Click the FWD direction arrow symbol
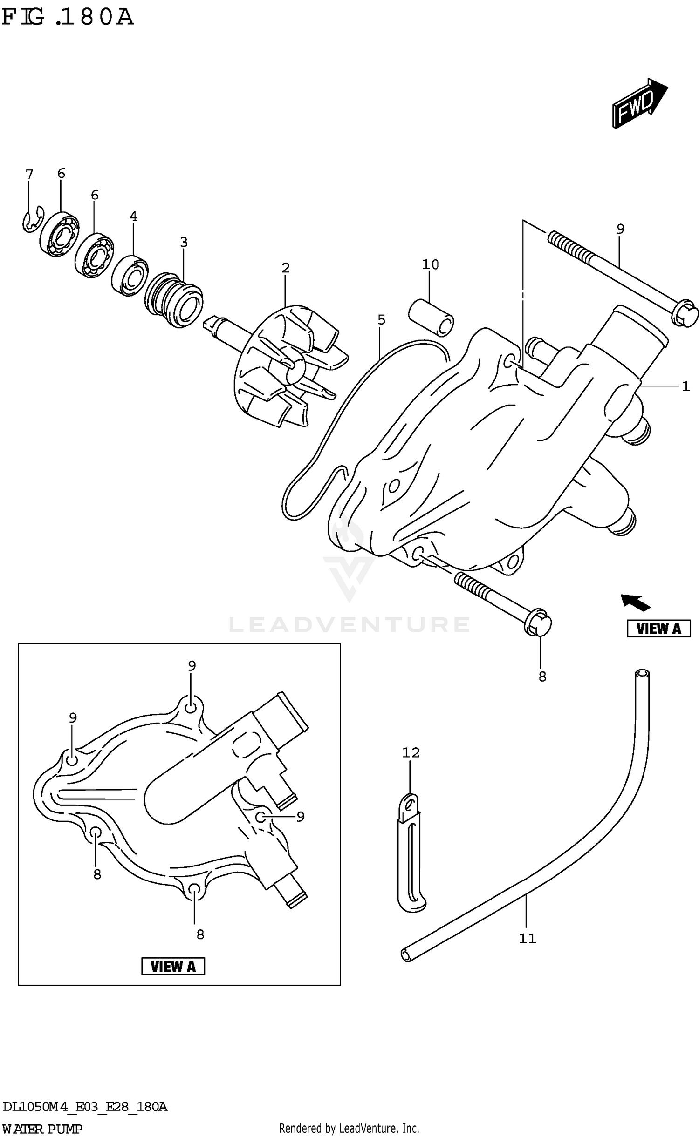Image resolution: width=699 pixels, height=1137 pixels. (x=639, y=103)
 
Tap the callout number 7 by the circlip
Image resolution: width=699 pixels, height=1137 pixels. (x=29, y=175)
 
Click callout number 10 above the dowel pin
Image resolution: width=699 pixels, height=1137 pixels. (x=430, y=264)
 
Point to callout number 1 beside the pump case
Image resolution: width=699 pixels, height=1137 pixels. (x=685, y=386)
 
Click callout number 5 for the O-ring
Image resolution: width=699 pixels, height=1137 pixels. (x=381, y=320)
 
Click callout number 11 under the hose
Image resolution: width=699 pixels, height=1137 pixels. (x=527, y=939)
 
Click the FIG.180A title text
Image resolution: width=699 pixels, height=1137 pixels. (x=68, y=18)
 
